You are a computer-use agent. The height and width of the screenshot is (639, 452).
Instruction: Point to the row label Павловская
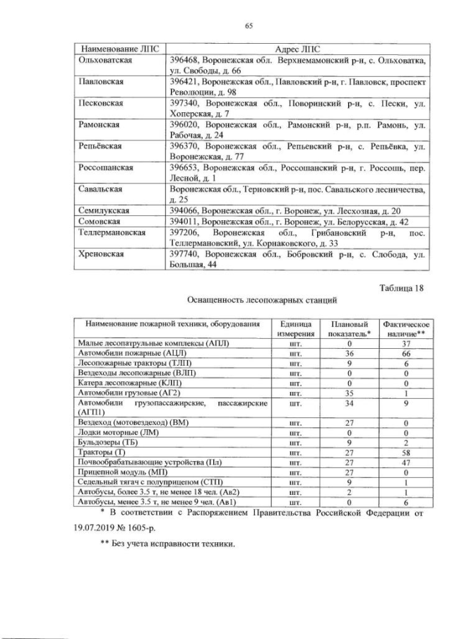(x=99, y=82)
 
